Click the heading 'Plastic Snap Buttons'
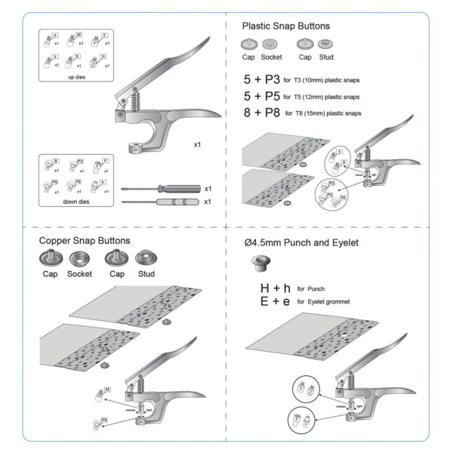pos(285,26)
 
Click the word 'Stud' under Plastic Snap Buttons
pos(326,57)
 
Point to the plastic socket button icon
pos(271,45)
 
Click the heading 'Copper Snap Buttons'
pos(84,241)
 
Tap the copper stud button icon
pos(145,258)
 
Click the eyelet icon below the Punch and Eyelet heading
pos(258,263)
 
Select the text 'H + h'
pos(275,288)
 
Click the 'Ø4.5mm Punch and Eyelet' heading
pos(304,243)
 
